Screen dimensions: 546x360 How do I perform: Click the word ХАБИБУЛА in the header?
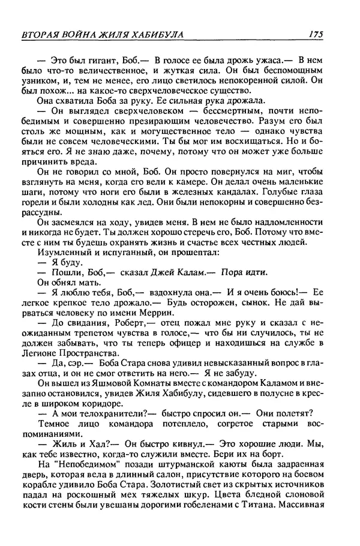(x=155, y=34)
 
